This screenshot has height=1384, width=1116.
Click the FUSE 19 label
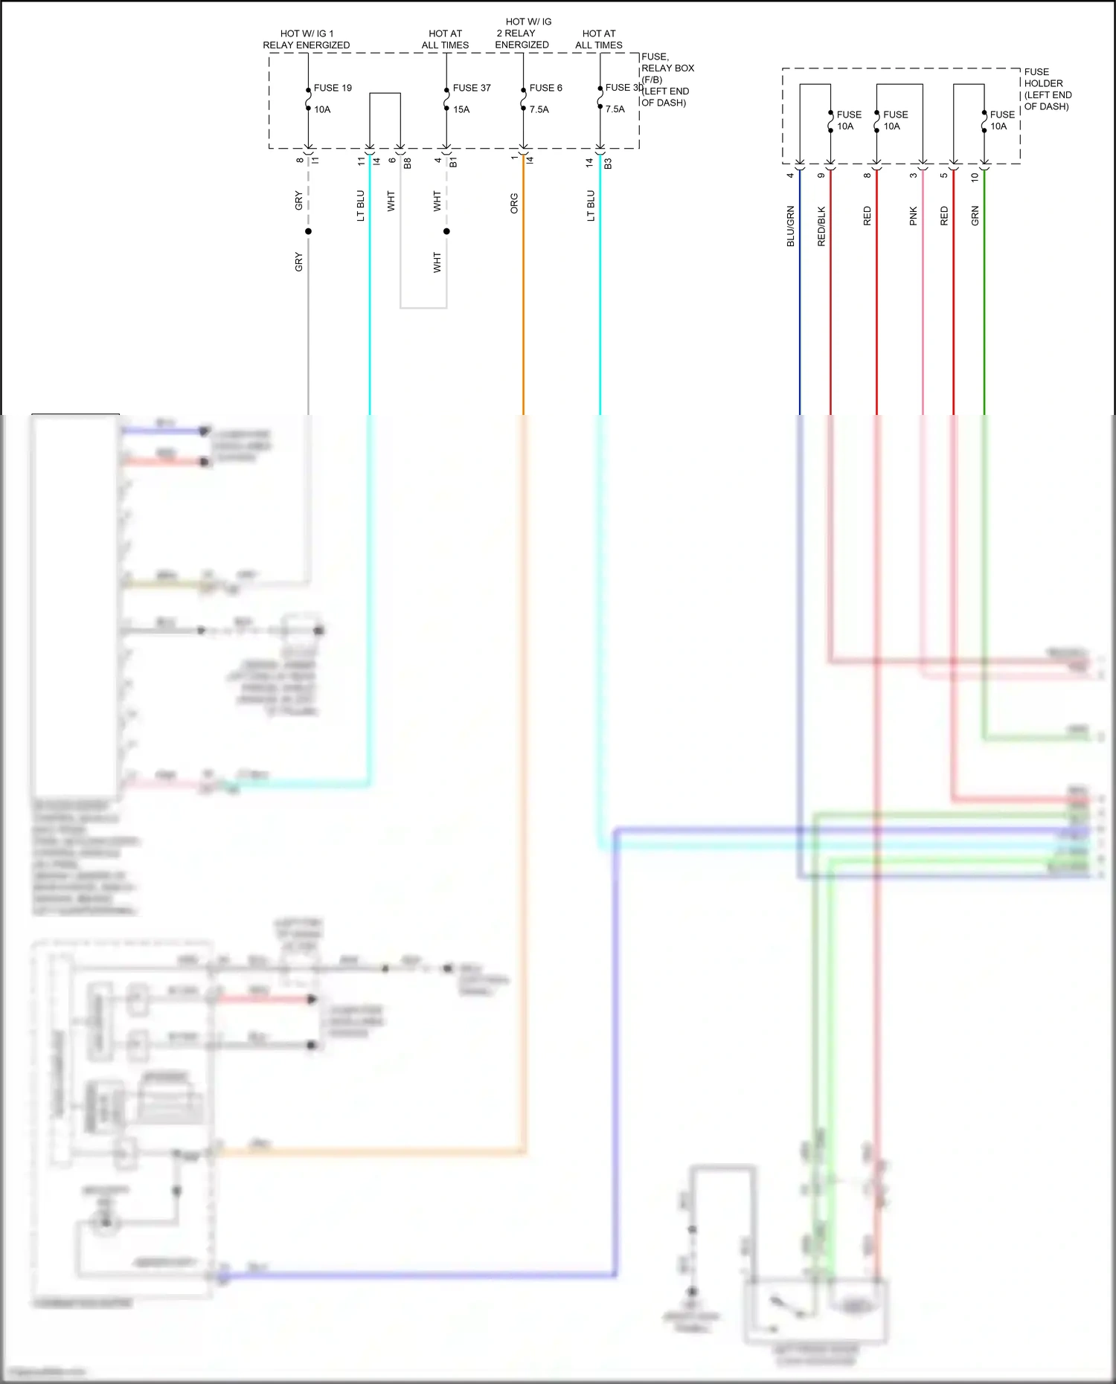point(333,88)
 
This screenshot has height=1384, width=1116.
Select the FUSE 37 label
point(472,88)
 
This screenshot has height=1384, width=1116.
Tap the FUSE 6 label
point(545,88)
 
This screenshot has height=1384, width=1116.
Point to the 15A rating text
point(461,109)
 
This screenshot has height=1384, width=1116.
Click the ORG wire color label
point(513,204)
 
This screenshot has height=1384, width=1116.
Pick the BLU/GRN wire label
point(790,226)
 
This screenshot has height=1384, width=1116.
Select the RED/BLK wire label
point(821,226)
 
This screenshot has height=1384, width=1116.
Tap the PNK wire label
point(913,216)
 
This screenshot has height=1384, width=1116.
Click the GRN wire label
point(975,216)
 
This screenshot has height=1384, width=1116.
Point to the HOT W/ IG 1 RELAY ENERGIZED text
point(306,39)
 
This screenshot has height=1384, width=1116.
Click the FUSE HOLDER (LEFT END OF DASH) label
point(1048,89)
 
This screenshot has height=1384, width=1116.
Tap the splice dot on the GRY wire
point(308,231)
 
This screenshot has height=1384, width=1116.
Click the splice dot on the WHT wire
point(446,231)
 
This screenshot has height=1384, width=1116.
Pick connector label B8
point(407,163)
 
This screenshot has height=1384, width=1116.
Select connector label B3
point(608,163)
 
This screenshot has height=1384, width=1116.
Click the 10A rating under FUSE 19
point(322,109)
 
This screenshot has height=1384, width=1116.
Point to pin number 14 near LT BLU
point(589,161)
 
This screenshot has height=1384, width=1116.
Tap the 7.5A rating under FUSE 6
point(539,109)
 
